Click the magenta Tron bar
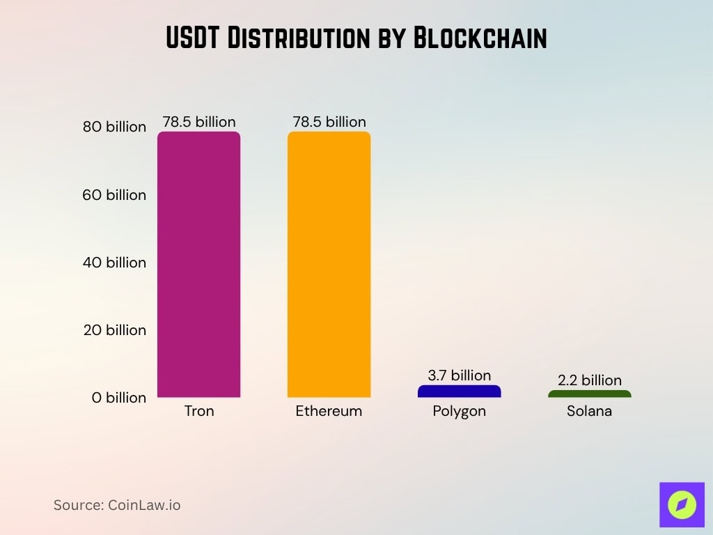tap(198, 265)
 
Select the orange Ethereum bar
tap(329, 265)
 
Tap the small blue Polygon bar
tap(459, 391)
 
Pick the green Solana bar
tap(589, 394)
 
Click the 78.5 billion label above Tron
tap(199, 122)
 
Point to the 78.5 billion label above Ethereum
tap(329, 122)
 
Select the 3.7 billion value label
tap(459, 375)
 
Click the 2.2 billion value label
tap(589, 380)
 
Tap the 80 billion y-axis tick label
tap(115, 127)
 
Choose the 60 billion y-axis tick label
tap(115, 195)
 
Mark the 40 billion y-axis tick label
tap(115, 263)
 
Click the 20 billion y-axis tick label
tap(115, 330)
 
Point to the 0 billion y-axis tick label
tap(119, 398)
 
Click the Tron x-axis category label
tap(199, 411)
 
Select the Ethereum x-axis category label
tap(329, 411)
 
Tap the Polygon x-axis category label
tap(459, 412)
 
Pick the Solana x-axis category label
tap(589, 411)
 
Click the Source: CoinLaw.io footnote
tap(117, 505)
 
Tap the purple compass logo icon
tap(682, 504)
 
